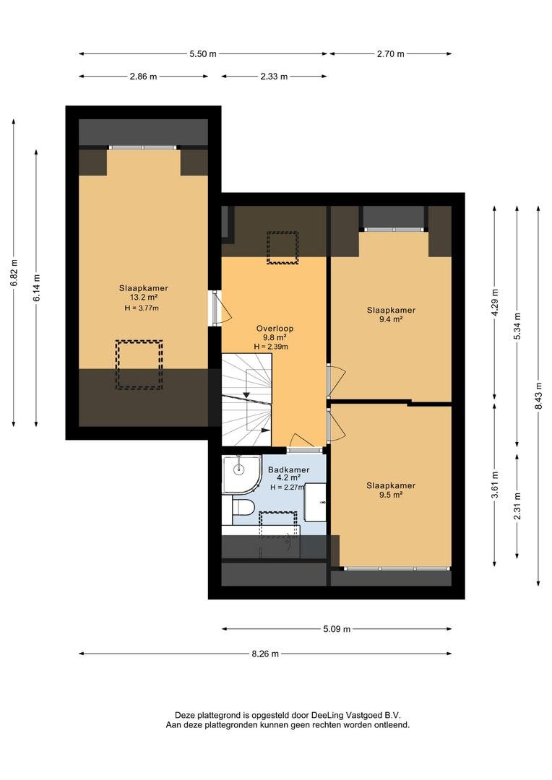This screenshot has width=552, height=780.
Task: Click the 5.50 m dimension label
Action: click(202, 54)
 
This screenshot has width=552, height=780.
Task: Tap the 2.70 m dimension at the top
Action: click(391, 54)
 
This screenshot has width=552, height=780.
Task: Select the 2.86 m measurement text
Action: click(143, 77)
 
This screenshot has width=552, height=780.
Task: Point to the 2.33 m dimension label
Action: click(274, 77)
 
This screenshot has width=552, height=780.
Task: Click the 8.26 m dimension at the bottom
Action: click(264, 654)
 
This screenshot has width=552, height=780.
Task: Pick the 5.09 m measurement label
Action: click(337, 629)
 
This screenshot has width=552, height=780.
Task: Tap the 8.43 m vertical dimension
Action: click(538, 396)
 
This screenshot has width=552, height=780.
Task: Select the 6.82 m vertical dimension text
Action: click(14, 272)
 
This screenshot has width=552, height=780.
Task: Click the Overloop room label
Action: click(275, 329)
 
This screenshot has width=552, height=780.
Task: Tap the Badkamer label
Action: click(289, 469)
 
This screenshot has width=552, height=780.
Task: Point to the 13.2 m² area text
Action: click(143, 298)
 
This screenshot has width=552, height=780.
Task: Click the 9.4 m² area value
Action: click(391, 319)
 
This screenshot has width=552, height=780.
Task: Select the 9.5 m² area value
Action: click(391, 495)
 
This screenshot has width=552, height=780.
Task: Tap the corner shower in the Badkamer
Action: click(242, 474)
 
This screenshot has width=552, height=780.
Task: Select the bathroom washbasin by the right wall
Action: click(316, 502)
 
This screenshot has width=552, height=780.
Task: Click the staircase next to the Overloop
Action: click(246, 400)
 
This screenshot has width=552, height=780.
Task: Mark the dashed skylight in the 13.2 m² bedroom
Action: click(139, 365)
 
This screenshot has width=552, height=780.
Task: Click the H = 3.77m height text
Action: click(142, 308)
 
